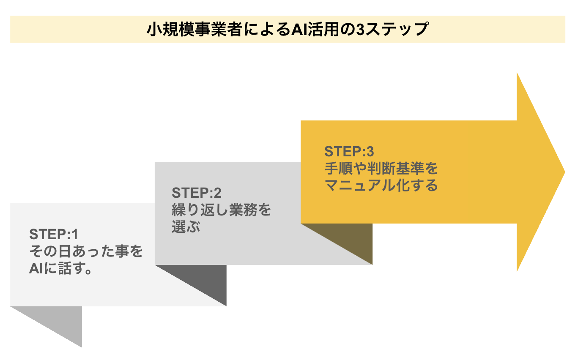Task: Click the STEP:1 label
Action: (54, 234)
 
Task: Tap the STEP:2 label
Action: (197, 193)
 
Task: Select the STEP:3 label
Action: (349, 152)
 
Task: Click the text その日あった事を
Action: (86, 251)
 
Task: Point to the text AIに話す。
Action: (60, 268)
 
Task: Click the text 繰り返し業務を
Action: (221, 210)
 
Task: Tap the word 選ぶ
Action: (186, 226)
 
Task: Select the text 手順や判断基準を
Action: (381, 168)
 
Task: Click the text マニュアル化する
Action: (381, 185)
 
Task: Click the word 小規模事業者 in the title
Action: (194, 29)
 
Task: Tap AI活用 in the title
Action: (315, 29)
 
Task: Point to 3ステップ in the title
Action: (392, 29)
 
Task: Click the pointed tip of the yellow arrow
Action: (565, 172)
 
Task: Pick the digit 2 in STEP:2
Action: (218, 193)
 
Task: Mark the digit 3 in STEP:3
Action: (370, 152)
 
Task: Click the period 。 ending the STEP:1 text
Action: (88, 271)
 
